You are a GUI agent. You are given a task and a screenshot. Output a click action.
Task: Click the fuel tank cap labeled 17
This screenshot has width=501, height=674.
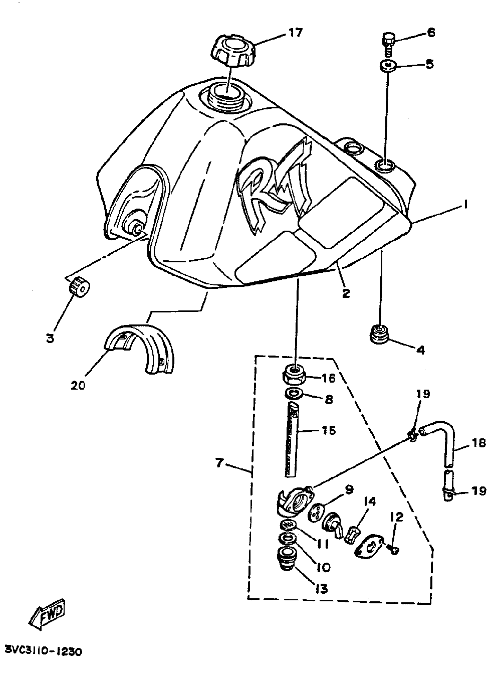tap(231, 51)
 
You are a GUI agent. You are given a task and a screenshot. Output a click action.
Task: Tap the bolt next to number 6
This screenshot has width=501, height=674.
tap(389, 42)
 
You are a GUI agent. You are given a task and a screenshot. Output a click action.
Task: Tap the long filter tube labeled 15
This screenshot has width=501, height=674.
tap(293, 441)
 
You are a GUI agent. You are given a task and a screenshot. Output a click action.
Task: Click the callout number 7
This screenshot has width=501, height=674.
tap(219, 463)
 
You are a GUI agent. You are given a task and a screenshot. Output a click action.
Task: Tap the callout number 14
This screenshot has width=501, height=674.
tap(370, 501)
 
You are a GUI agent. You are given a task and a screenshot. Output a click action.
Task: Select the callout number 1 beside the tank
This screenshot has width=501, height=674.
tap(465, 205)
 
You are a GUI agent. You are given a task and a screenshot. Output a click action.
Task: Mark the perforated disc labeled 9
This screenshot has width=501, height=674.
tap(316, 513)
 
